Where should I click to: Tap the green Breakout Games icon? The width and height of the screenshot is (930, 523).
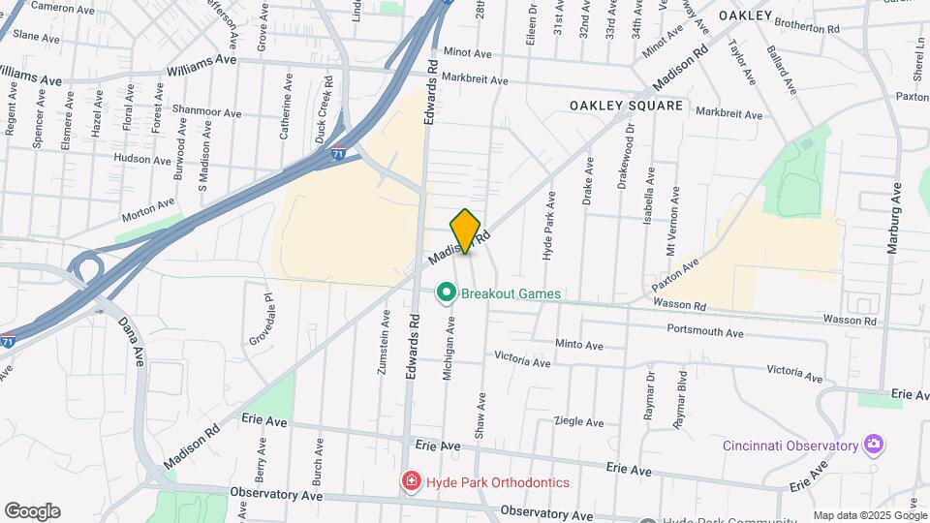pyautogui.click(x=447, y=292)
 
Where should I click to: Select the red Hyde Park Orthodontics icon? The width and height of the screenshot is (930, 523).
pyautogui.click(x=412, y=481)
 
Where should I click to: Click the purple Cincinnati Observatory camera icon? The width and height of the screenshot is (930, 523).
pyautogui.click(x=875, y=445)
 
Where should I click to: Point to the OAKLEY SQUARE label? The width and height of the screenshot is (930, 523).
pyautogui.click(x=626, y=105)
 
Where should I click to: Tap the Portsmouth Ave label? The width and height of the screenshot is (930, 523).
pyautogui.click(x=704, y=331)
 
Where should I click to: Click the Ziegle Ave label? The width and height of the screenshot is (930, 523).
pyautogui.click(x=578, y=422)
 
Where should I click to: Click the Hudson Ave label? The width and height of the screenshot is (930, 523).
pyautogui.click(x=142, y=158)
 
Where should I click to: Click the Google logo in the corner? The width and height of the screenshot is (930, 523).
pyautogui.click(x=32, y=511)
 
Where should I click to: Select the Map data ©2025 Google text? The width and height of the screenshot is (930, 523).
pyautogui.click(x=869, y=515)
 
